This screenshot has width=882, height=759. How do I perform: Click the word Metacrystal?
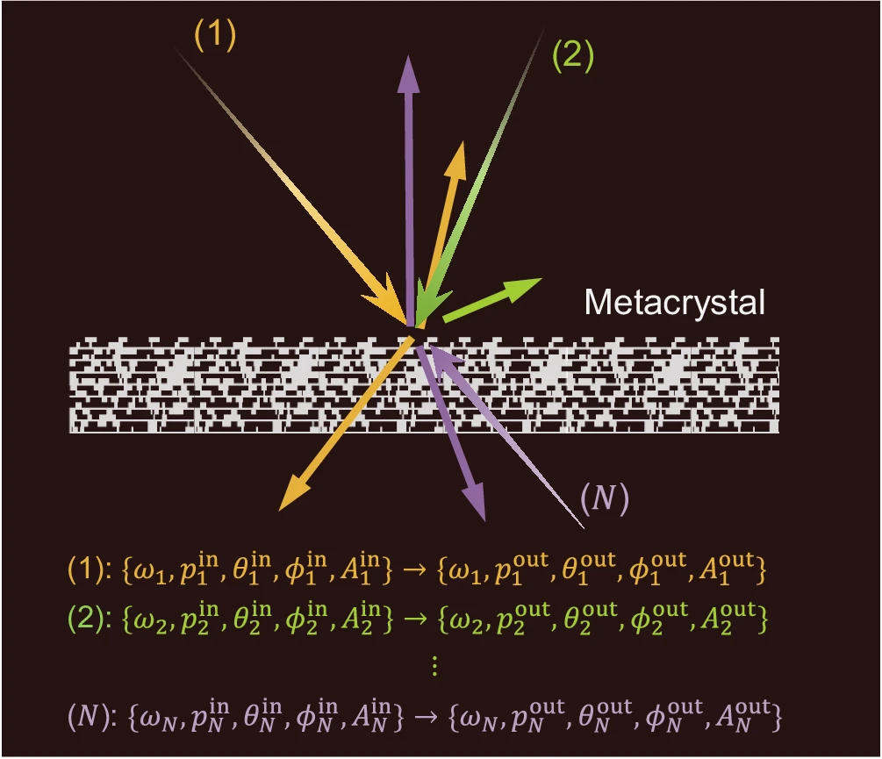[x=674, y=303]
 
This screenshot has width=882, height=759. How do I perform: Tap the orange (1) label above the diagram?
[x=215, y=35]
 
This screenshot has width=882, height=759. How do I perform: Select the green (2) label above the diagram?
[x=572, y=55]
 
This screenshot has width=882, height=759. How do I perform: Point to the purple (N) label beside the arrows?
[x=604, y=498]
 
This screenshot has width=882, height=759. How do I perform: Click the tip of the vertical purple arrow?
[x=408, y=56]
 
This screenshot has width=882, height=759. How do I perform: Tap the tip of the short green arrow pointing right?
[x=541, y=279]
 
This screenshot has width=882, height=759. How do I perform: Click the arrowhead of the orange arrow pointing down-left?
[x=280, y=510]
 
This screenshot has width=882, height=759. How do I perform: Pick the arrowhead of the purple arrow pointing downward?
[x=484, y=519]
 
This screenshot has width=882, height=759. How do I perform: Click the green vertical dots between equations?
[x=434, y=666]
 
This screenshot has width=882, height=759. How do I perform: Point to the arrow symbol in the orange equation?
[x=414, y=569]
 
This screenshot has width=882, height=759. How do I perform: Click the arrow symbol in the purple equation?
[x=427, y=717]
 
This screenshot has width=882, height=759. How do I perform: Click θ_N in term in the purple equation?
[x=262, y=716]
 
